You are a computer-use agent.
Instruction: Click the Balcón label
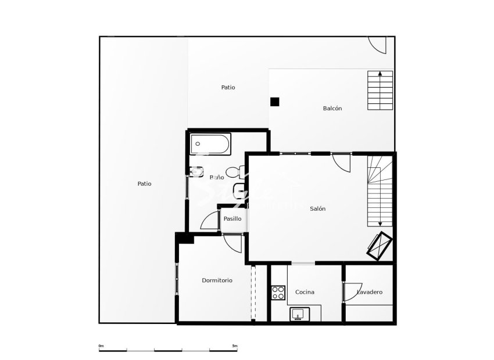pyautogui.click(x=332, y=109)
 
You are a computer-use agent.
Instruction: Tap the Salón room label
pyautogui.click(x=317, y=208)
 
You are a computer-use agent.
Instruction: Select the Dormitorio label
pyautogui.click(x=217, y=280)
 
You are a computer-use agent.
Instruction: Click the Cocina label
pyautogui.click(x=305, y=292)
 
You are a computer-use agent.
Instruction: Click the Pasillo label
pyautogui.click(x=232, y=219)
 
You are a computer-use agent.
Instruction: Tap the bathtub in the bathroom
pyautogui.click(x=210, y=143)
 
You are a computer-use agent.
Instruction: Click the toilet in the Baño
pyautogui.click(x=234, y=172)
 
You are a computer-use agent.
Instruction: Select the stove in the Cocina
pyautogui.click(x=278, y=292)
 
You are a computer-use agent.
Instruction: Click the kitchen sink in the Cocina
pyautogui.click(x=299, y=314)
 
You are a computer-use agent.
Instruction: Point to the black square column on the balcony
pyautogui.click(x=274, y=102)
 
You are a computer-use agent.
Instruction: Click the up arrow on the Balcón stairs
pyautogui.click(x=380, y=74)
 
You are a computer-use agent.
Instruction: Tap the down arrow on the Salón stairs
pyautogui.click(x=380, y=223)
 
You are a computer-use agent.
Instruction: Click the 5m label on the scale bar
pyautogui.click(x=234, y=346)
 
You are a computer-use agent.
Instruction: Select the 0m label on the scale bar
pyautogui.click(x=101, y=346)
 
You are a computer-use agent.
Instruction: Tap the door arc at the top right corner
pyautogui.click(x=378, y=44)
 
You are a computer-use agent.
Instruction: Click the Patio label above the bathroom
pyautogui.click(x=228, y=88)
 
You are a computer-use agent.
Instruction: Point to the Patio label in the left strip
pyautogui.click(x=144, y=183)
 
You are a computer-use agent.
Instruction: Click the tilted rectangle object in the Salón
pyautogui.click(x=378, y=245)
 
